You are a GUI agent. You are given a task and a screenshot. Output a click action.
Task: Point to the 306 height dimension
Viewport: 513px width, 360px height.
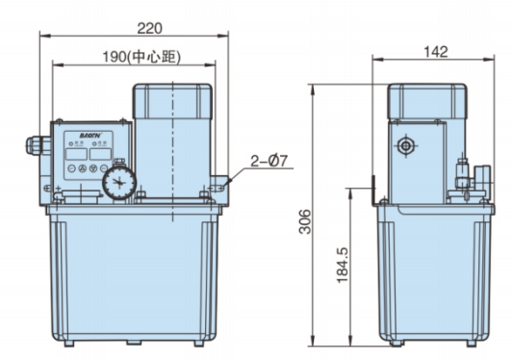click(x=307, y=223)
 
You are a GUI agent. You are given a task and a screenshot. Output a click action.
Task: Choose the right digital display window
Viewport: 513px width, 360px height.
click(x=99, y=151)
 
